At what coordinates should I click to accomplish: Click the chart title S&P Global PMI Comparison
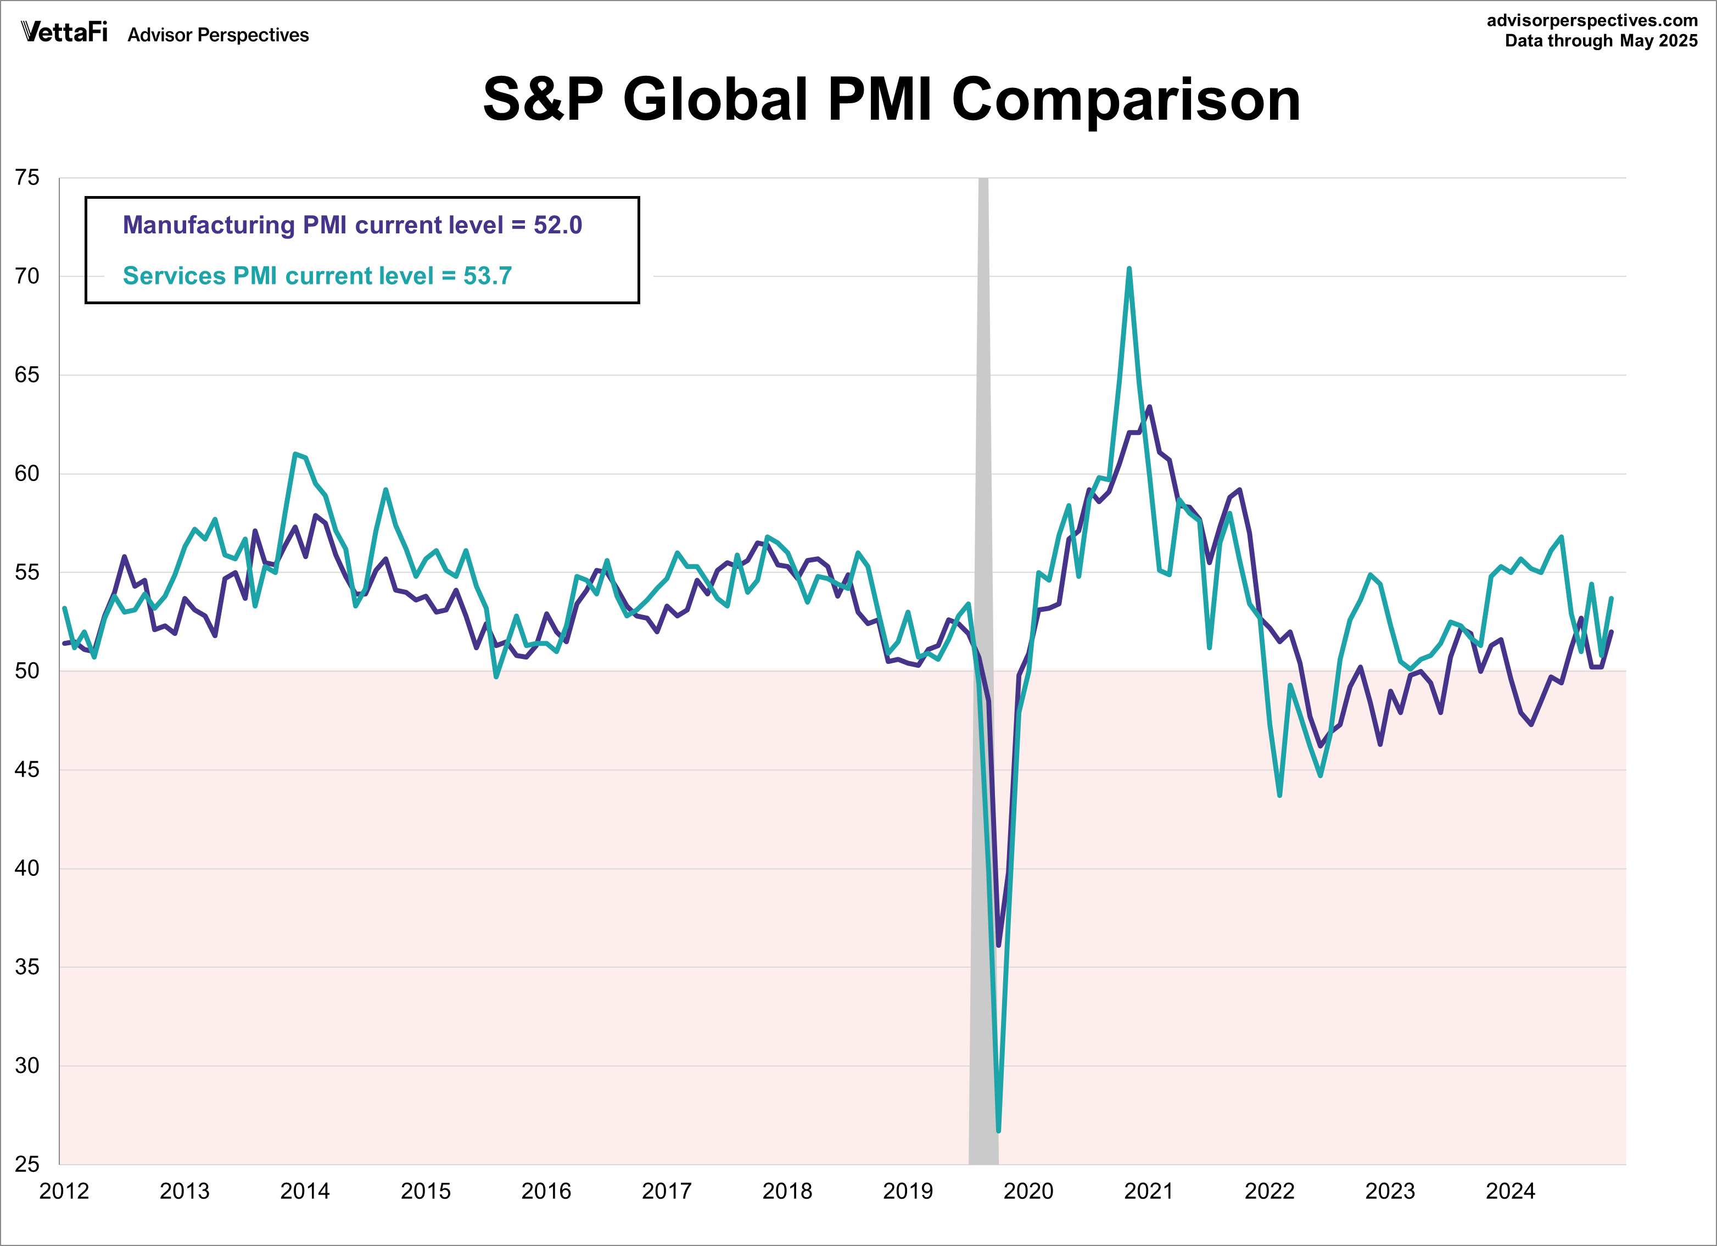pos(891,99)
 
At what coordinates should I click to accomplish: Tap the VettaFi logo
pos(64,32)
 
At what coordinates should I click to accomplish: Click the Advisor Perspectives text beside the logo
pos(218,35)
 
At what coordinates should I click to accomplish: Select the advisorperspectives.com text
pos(1592,20)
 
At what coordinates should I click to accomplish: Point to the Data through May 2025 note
pos(1601,41)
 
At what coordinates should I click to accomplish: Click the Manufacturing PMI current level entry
pos(352,225)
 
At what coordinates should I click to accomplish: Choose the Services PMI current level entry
pos(317,276)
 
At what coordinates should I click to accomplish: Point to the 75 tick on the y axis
pos(27,177)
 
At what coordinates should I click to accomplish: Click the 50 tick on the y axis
pos(27,671)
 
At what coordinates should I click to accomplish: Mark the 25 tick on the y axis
pos(27,1164)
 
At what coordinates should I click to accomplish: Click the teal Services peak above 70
pos(1129,269)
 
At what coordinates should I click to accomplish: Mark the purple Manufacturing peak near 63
pos(1149,407)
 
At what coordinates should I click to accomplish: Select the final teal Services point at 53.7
pos(1611,598)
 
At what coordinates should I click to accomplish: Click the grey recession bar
pos(983,530)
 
